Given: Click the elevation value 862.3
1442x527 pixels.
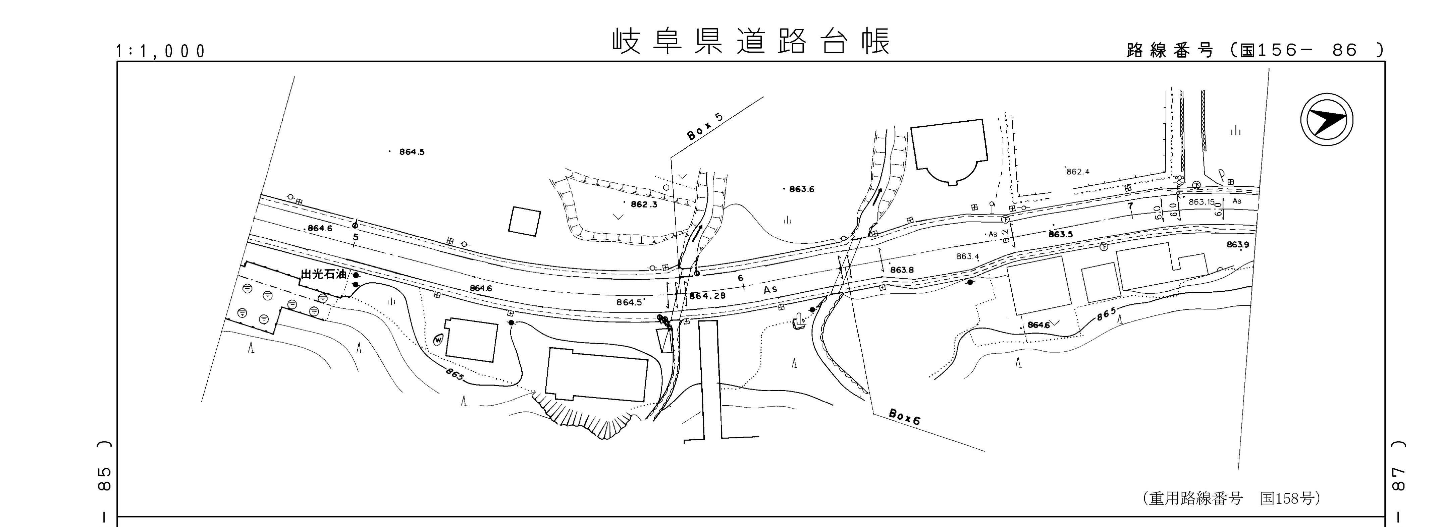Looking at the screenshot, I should pyautogui.click(x=644, y=205).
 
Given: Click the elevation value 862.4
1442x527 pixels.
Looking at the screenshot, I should pyautogui.click(x=1078, y=172).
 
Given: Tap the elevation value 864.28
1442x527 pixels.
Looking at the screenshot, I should pyautogui.click(x=707, y=296).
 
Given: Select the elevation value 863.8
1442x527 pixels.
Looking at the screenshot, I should pyautogui.click(x=902, y=270).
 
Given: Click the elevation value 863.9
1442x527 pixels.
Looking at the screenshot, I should pyautogui.click(x=1238, y=244).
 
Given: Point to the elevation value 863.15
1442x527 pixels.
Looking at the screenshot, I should pyautogui.click(x=1201, y=202).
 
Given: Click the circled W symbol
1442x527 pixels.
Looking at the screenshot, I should pyautogui.click(x=438, y=339).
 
